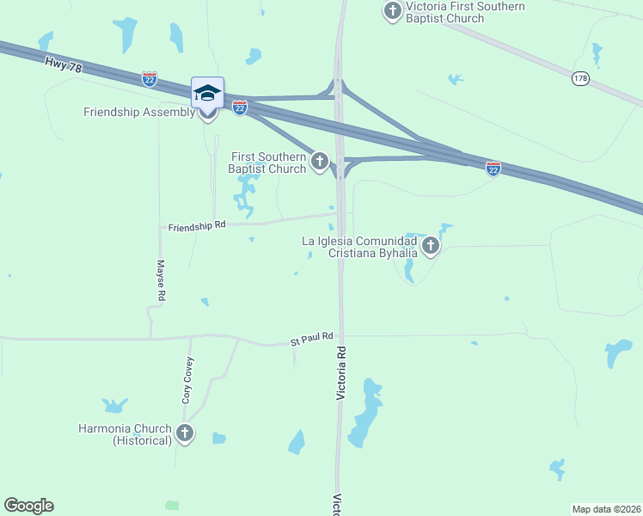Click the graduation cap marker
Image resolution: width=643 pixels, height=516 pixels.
tap(207, 92)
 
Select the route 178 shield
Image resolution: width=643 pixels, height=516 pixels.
tap(580, 78)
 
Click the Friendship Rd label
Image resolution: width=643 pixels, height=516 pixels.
tap(197, 225)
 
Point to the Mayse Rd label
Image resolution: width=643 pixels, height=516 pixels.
tap(161, 280)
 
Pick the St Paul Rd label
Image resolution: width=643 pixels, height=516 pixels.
tap(311, 341)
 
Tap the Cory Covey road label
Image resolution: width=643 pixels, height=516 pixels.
tap(187, 382)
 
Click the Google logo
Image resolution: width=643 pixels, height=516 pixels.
tap(28, 506)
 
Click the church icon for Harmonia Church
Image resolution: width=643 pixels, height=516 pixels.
tap(185, 433)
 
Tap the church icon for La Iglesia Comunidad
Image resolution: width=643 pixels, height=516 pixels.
tap(430, 248)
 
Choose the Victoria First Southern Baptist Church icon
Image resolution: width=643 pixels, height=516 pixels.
tap(393, 11)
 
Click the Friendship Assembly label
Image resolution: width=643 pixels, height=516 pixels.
tap(139, 113)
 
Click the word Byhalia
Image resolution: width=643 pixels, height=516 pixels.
tap(395, 254)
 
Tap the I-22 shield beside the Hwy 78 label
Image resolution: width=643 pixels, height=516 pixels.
tap(150, 78)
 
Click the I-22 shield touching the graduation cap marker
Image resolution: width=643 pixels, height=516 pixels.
tap(240, 107)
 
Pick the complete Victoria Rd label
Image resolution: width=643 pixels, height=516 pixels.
tap(341, 373)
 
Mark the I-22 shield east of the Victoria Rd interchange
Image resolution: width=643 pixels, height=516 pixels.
tap(493, 168)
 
